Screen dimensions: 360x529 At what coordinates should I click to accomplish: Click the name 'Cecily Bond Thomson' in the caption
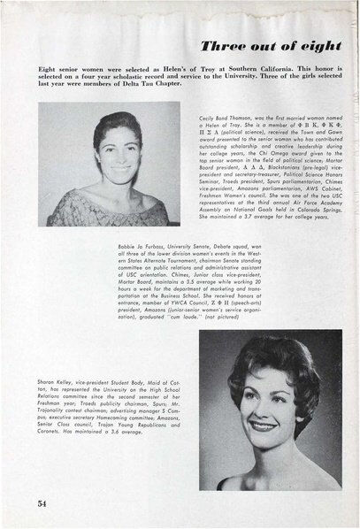[227, 118]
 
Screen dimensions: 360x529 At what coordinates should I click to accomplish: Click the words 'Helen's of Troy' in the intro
[211, 67]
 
